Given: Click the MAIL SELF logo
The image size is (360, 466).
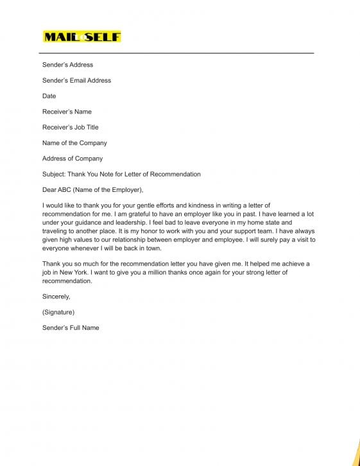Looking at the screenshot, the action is coord(81,37).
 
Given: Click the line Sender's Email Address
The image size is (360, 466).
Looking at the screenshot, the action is coord(76,80).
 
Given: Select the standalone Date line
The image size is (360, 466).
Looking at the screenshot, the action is coord(49,96).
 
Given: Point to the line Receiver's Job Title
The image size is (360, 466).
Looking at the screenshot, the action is coord(71,127).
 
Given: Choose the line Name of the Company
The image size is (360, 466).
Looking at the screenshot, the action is coord(74,142).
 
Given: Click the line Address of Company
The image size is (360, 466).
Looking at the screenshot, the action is coord(73,158).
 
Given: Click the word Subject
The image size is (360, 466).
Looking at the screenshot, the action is coord(54,174).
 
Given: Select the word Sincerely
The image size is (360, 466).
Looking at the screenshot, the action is coord(56,297).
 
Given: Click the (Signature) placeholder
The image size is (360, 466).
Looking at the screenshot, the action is coord(58,312).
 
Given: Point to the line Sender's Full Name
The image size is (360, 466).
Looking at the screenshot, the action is coord(71,327).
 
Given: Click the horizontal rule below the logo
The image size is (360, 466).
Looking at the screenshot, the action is coord(178,53).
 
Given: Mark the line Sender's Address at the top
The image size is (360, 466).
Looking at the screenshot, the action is coord(67,65).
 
